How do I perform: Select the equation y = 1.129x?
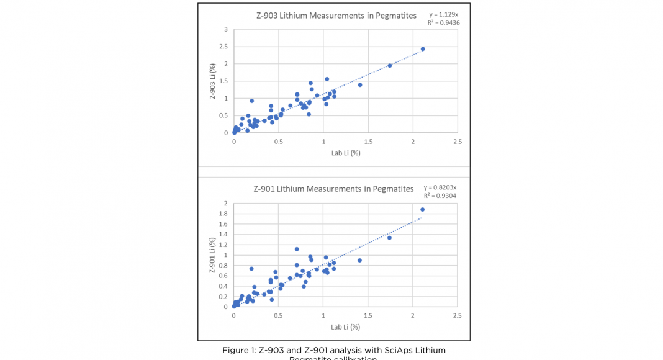point(443,14)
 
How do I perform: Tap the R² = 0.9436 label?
point(443,23)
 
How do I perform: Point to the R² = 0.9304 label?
point(440,196)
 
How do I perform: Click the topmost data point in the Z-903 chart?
point(423,49)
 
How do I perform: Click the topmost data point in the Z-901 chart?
point(422,209)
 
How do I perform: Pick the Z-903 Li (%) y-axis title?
point(212,81)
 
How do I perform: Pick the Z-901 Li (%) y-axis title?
point(212,254)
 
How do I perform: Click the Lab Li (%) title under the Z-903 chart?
point(345,153)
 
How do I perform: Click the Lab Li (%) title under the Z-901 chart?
point(345,327)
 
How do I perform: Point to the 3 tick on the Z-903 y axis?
point(226,29)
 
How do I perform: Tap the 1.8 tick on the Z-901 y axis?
point(223,214)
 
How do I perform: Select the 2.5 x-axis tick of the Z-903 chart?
point(458,142)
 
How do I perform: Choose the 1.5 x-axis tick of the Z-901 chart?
point(368,315)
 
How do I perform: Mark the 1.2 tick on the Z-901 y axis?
point(223,245)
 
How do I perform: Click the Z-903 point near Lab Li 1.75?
point(390,65)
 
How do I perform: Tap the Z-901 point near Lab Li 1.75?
point(389,238)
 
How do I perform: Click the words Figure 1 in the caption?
point(238,351)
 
